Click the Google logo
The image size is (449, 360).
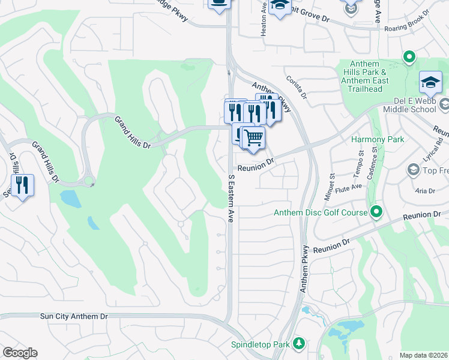[20, 353]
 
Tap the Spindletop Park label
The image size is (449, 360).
[260, 344]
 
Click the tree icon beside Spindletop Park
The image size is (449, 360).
[298, 344]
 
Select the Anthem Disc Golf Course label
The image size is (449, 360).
[320, 212]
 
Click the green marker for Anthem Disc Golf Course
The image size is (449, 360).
[376, 211]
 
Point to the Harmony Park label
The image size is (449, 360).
[378, 140]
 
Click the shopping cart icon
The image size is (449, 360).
[253, 137]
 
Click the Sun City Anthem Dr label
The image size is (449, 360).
[74, 316]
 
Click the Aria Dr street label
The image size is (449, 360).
[425, 191]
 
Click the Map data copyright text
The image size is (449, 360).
[423, 355]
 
